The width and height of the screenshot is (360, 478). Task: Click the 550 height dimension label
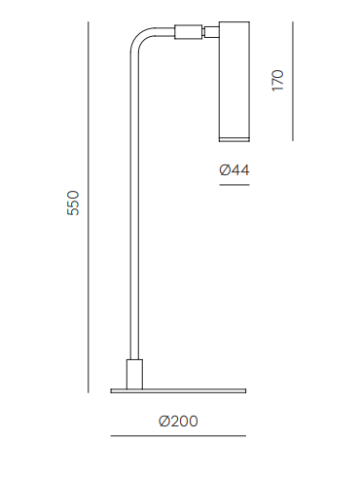(x=73, y=202)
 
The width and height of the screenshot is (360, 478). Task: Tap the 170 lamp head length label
(x=277, y=81)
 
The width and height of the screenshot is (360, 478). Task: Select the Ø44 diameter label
(x=234, y=170)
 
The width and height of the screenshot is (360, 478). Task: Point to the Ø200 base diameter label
(x=178, y=422)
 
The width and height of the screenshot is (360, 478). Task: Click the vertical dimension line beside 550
(x=88, y=207)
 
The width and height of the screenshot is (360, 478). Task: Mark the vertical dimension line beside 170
(x=293, y=81)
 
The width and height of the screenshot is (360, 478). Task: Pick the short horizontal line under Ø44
(x=234, y=185)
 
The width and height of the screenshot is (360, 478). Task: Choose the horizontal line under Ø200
(x=178, y=436)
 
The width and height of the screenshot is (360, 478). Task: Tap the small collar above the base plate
(x=134, y=374)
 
